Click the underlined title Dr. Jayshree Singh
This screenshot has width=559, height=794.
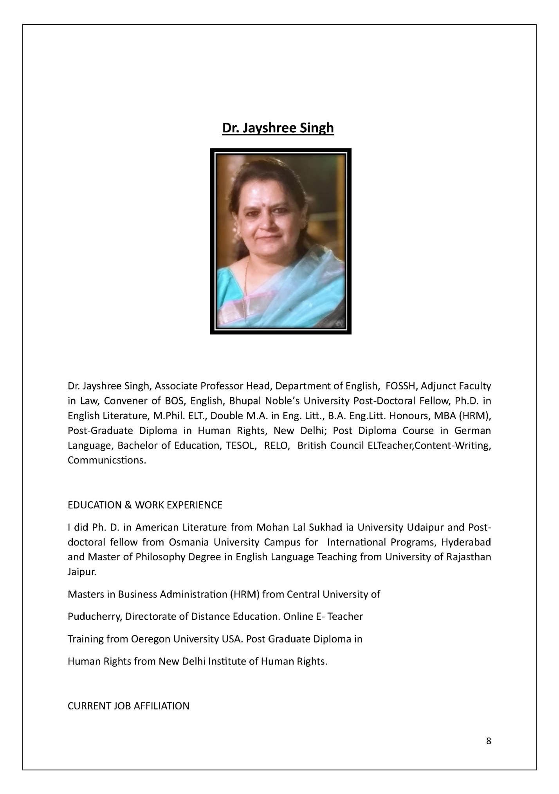[x=278, y=128]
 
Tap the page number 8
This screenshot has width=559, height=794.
[x=488, y=741]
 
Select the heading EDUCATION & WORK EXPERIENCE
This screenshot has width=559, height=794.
[x=145, y=505]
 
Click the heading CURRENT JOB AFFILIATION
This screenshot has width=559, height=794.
[x=128, y=706]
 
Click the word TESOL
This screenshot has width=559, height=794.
[x=239, y=446]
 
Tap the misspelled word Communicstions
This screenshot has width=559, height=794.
[x=106, y=460]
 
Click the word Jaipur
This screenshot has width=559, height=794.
[x=82, y=572]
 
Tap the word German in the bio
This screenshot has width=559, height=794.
[x=472, y=431]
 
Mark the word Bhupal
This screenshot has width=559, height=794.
[x=245, y=401]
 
